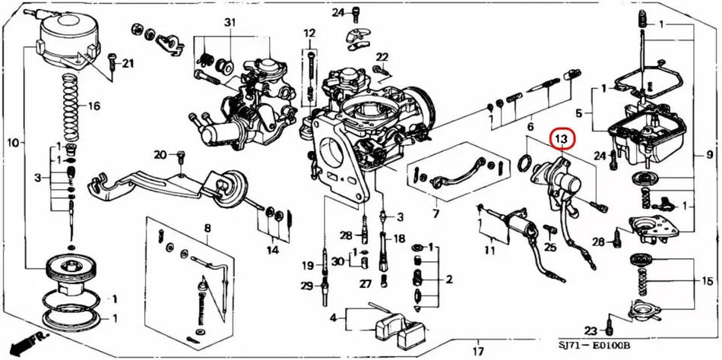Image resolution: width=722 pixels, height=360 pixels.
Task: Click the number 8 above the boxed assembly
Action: pos(207,229)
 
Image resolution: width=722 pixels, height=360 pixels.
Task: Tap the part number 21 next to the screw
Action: pos(127,62)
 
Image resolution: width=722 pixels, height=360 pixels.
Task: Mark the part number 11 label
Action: pos(491,250)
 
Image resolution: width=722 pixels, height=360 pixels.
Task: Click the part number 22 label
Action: pos(382,57)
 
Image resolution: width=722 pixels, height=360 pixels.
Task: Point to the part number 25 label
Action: pos(551,247)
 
